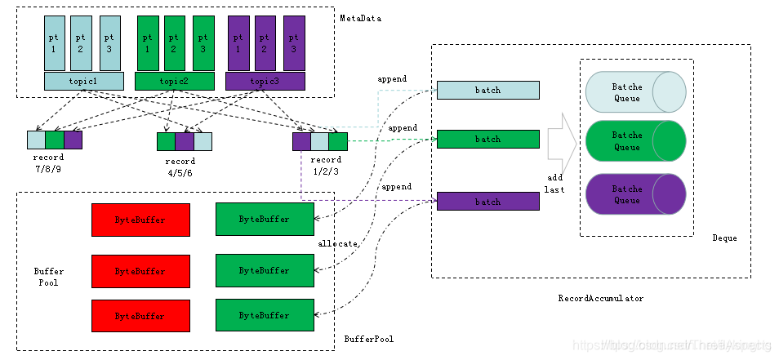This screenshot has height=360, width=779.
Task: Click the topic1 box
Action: point(84,81)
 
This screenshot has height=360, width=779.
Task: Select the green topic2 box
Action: point(173,81)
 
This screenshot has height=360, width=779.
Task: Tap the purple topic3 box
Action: point(264,81)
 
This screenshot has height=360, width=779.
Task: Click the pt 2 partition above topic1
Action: point(80,43)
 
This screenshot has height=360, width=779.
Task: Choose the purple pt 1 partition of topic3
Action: point(238,43)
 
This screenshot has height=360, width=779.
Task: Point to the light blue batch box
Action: point(487,90)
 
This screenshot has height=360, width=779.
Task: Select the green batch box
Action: point(487,139)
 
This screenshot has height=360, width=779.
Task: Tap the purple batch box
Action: point(487,201)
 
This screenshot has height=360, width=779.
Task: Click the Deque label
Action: point(724,238)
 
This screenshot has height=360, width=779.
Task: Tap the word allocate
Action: point(337,243)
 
